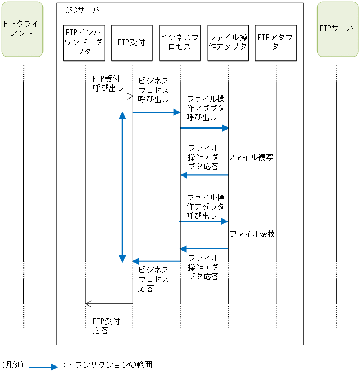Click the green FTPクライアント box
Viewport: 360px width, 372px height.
[x=23, y=29]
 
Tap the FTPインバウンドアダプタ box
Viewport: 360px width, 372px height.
[x=84, y=42]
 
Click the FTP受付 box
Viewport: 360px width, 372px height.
[x=131, y=42]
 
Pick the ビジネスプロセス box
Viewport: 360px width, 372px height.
[x=180, y=42]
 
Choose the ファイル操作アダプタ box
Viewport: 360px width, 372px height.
[x=228, y=42]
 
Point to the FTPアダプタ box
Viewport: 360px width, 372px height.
[x=276, y=42]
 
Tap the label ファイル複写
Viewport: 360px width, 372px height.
[x=251, y=157]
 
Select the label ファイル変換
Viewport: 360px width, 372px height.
[x=252, y=234]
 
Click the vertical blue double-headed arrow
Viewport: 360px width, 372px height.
[x=122, y=187]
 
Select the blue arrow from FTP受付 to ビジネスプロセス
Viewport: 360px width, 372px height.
[x=156, y=112]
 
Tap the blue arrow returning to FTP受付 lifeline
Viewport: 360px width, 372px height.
[x=156, y=261]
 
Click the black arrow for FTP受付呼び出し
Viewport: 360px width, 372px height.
[x=109, y=96]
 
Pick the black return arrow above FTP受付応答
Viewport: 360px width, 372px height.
[x=109, y=304]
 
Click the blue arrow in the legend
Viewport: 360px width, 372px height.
[x=43, y=367]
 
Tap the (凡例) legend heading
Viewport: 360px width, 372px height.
[x=13, y=364]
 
